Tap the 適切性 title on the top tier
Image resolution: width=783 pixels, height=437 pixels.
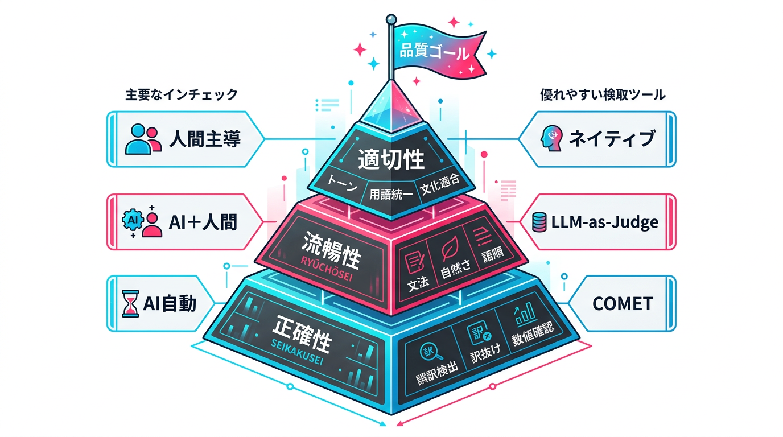pyautogui.click(x=391, y=160)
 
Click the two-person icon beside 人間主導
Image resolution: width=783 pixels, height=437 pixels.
pyautogui.click(x=141, y=139)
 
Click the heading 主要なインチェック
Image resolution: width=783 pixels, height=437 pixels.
pyautogui.click(x=181, y=95)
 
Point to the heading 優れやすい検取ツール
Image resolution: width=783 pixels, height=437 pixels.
pyautogui.click(x=603, y=95)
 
